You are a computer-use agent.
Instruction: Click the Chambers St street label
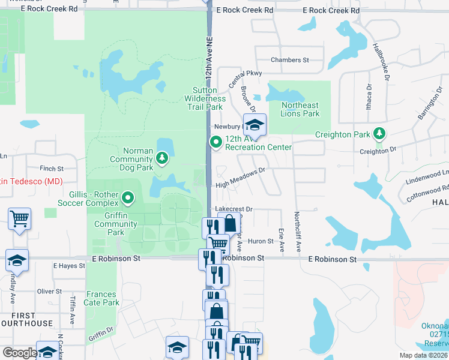(289, 60)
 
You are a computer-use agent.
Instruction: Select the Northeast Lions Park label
(300, 109)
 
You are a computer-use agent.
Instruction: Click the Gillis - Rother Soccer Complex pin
(127, 197)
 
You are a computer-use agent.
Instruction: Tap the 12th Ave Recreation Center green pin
(215, 142)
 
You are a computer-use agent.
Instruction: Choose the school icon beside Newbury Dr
(255, 125)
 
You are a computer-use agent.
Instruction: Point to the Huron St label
(261, 241)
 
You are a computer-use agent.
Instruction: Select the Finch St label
(52, 169)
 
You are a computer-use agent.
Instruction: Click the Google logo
(20, 353)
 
